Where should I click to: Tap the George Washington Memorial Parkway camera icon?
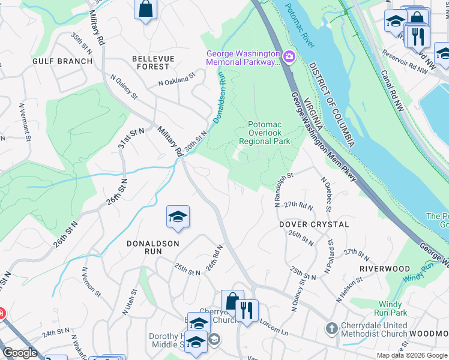289,57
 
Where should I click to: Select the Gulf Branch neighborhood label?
63,61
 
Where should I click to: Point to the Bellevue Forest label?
153,62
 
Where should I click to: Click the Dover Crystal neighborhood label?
314,224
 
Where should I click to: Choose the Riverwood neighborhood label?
385,268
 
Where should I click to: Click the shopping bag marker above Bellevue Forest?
146,10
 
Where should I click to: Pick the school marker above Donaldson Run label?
178,217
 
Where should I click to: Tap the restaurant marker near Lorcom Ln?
247,311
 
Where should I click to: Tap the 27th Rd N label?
299,205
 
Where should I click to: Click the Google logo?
20,353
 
